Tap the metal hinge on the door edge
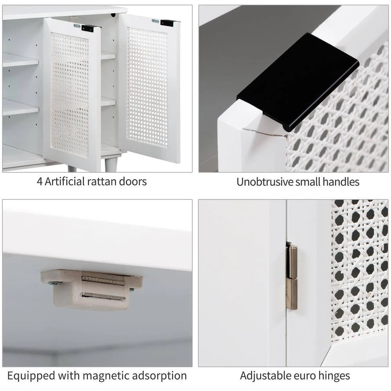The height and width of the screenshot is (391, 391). point(292,277)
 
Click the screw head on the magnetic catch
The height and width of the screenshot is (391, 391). point(54,283)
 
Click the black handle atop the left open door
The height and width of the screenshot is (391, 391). point(88,28)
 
